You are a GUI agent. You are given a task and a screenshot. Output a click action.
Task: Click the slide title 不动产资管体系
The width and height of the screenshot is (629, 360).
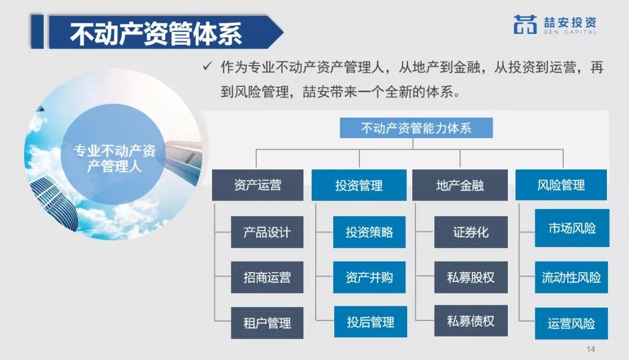click(156, 34)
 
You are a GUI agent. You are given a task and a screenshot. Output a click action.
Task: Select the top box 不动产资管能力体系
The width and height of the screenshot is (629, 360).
click(416, 128)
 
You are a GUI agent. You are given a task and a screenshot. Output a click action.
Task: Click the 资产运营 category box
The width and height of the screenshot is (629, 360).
click(257, 185)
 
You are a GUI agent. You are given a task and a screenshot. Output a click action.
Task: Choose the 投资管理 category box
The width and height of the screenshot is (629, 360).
click(359, 185)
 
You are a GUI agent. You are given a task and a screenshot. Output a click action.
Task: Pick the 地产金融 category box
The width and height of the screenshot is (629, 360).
click(460, 185)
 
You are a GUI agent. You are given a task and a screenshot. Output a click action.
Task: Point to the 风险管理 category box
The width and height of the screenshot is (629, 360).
click(561, 185)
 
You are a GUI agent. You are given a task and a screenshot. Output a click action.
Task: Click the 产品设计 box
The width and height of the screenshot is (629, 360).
click(267, 232)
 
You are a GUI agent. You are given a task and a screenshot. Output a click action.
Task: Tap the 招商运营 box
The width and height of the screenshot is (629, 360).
click(267, 277)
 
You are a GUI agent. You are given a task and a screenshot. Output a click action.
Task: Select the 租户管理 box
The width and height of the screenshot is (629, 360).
click(267, 323)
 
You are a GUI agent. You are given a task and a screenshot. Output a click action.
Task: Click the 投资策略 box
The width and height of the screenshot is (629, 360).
click(369, 232)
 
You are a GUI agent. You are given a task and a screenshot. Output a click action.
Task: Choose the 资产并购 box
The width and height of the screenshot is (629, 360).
click(369, 277)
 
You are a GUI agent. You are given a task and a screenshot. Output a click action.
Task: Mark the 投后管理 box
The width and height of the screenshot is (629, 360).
click(369, 322)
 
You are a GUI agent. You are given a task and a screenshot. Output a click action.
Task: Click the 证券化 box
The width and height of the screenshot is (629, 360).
click(471, 232)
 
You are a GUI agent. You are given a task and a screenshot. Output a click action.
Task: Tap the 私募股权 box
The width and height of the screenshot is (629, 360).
click(471, 277)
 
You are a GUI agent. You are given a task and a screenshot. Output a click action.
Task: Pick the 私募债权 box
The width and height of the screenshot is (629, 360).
click(471, 321)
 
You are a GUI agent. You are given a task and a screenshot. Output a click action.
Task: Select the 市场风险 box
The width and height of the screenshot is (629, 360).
click(572, 228)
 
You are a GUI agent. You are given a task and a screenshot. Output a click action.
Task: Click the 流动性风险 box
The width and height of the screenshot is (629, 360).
click(572, 277)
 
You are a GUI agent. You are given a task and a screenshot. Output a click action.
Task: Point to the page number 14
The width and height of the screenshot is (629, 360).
click(591, 350)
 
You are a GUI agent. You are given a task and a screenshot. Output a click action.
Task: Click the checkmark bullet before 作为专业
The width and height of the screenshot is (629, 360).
click(206, 67)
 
